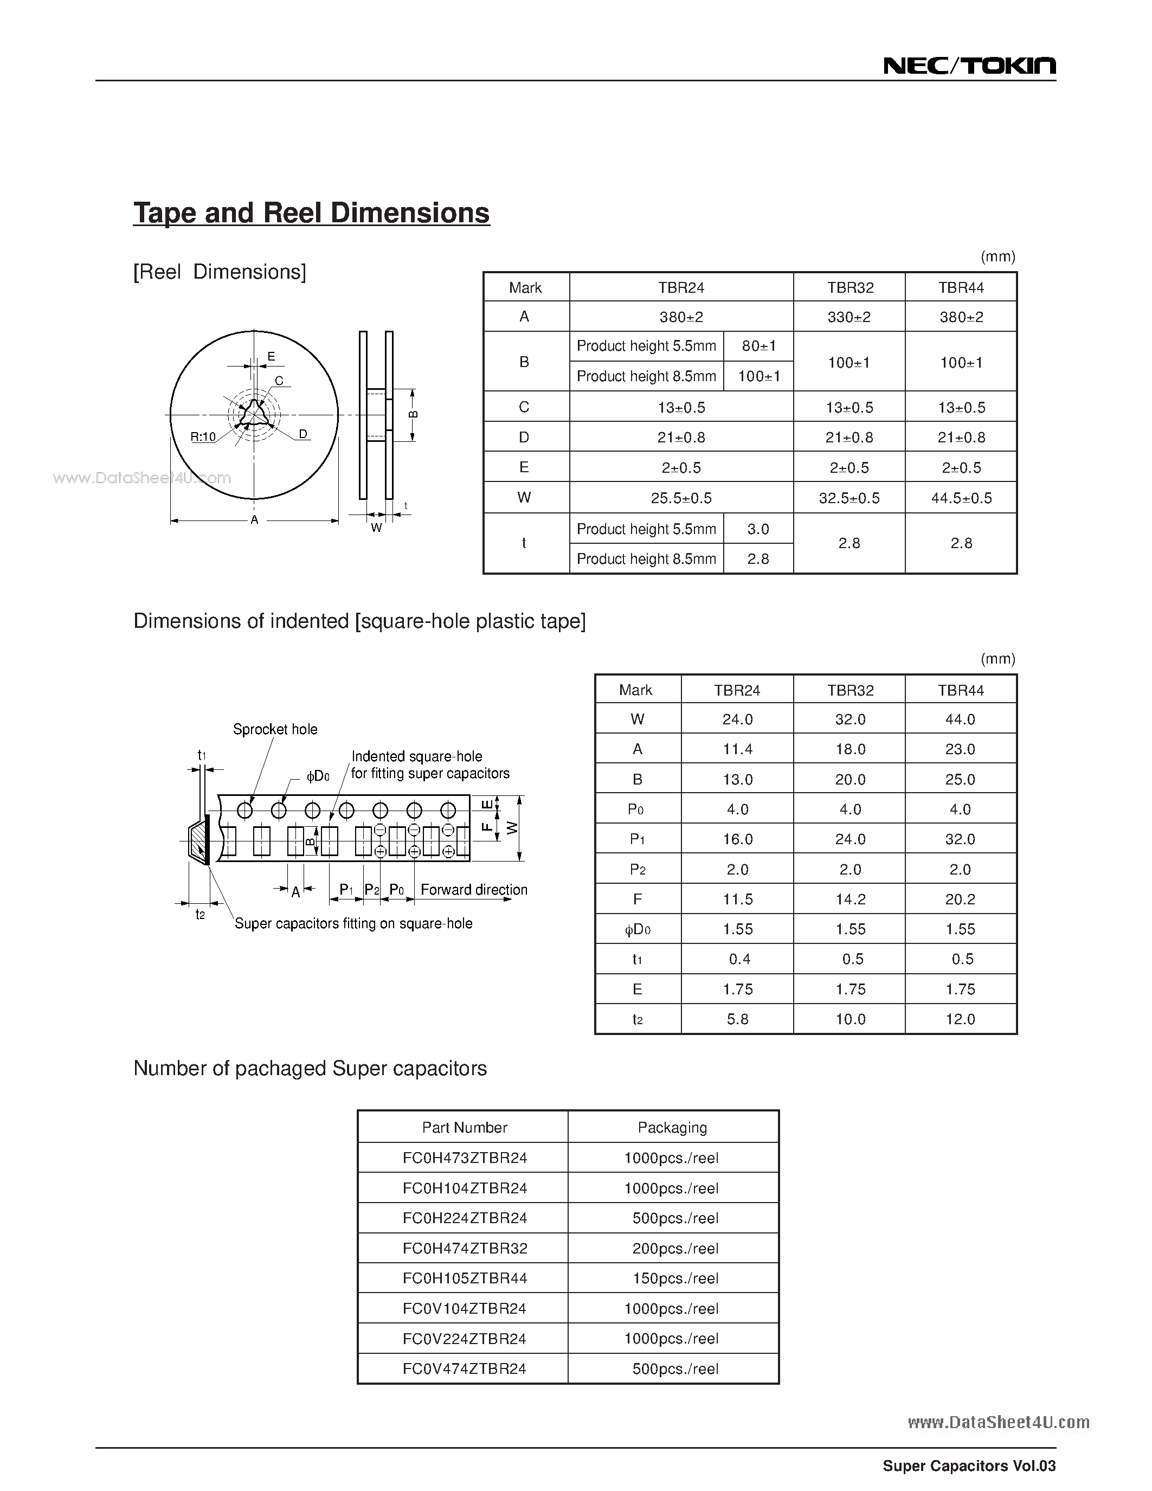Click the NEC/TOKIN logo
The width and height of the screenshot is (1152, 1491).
[x=969, y=66]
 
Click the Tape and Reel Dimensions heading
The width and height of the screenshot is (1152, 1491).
[x=311, y=213]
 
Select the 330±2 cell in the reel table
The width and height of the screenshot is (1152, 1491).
[x=849, y=317]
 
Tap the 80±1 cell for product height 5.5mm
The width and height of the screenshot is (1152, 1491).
[x=758, y=346]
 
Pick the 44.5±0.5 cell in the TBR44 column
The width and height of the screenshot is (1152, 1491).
[x=961, y=498]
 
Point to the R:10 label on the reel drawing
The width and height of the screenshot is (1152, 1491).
[x=203, y=437]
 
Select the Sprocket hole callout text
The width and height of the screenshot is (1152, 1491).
[x=275, y=729]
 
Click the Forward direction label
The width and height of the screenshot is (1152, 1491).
[x=474, y=890]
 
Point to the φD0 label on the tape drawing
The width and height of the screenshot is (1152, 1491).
[x=318, y=776]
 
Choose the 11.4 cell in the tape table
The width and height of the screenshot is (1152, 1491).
[x=737, y=749]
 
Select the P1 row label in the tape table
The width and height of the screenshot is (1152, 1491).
[x=637, y=839]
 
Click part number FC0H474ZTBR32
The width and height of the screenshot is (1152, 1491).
[x=465, y=1248]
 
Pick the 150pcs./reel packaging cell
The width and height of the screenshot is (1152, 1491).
[x=675, y=1278]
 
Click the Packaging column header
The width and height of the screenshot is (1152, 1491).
[x=672, y=1127]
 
